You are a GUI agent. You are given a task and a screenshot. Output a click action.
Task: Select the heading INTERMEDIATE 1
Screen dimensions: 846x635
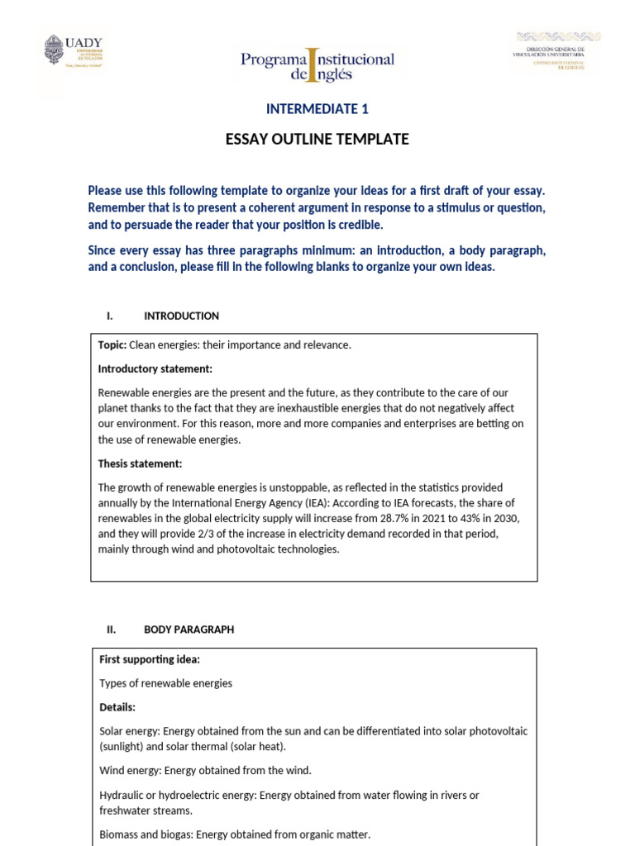(x=317, y=109)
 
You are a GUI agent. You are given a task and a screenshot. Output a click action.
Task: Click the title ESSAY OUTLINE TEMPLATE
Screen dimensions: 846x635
(x=317, y=140)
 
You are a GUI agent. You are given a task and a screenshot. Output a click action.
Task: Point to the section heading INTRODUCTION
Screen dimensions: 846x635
(x=181, y=316)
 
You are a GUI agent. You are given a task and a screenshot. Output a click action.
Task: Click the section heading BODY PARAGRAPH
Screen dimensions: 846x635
(x=189, y=630)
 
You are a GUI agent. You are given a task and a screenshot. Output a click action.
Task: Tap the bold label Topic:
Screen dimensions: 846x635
(x=112, y=345)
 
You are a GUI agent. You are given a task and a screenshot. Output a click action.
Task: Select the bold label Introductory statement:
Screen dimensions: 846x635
(x=155, y=368)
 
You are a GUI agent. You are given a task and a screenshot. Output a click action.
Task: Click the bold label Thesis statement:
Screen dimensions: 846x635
(x=140, y=463)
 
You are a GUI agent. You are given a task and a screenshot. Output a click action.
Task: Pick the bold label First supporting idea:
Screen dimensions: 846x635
(x=150, y=659)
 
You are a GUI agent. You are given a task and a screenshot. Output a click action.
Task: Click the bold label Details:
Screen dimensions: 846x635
(x=117, y=707)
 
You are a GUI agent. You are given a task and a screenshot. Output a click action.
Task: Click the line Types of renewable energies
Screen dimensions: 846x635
(x=165, y=683)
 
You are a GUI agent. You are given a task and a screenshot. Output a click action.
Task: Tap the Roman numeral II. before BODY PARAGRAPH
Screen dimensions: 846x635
(x=112, y=630)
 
